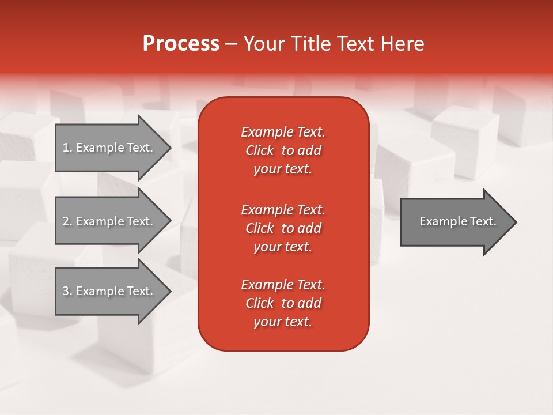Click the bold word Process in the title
pyautogui.click(x=181, y=44)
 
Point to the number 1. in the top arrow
pyautogui.click(x=67, y=148)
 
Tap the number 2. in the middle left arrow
pyautogui.click(x=67, y=221)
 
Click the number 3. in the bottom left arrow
pyautogui.click(x=67, y=291)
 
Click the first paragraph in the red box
pyautogui.click(x=283, y=150)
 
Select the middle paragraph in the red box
pyautogui.click(x=283, y=228)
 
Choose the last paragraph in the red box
pyautogui.click(x=283, y=303)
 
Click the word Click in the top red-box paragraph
pyautogui.click(x=260, y=150)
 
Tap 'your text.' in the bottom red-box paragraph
pyautogui.click(x=283, y=322)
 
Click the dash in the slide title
pyautogui.click(x=231, y=44)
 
